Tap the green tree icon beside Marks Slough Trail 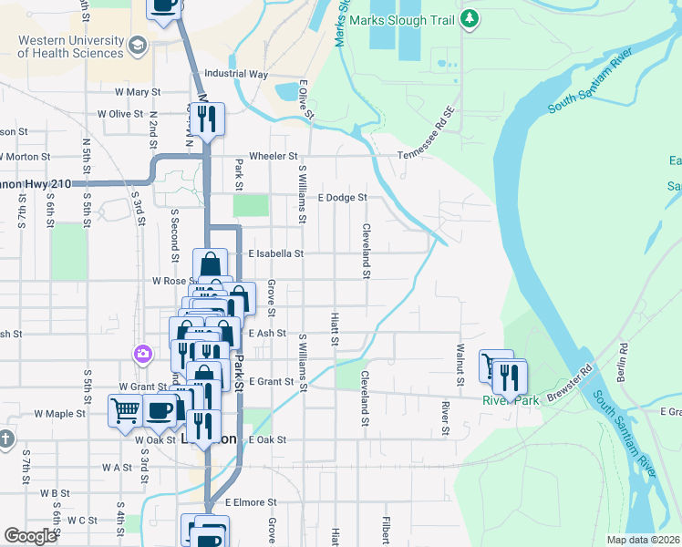click(x=470, y=17)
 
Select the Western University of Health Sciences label click(x=71, y=46)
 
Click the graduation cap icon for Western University click(x=138, y=45)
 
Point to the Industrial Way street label click(x=236, y=74)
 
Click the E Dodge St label click(x=341, y=197)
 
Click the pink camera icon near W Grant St click(x=142, y=354)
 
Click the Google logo click(x=31, y=535)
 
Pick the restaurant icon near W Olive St click(x=209, y=119)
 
